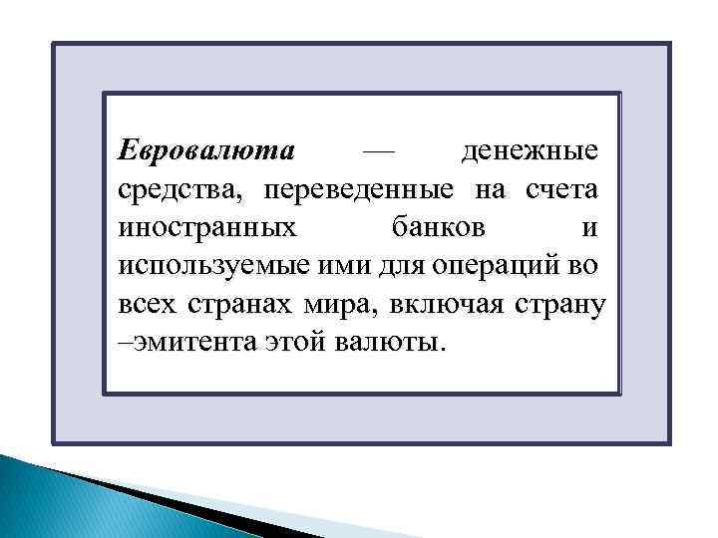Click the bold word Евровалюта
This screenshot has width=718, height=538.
pyautogui.click(x=206, y=151)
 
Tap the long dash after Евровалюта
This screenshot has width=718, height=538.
pyautogui.click(x=379, y=151)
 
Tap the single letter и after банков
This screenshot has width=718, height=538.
pyautogui.click(x=589, y=227)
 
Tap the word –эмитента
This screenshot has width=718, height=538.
pyautogui.click(x=184, y=343)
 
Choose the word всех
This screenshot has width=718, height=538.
pyautogui.click(x=148, y=304)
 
